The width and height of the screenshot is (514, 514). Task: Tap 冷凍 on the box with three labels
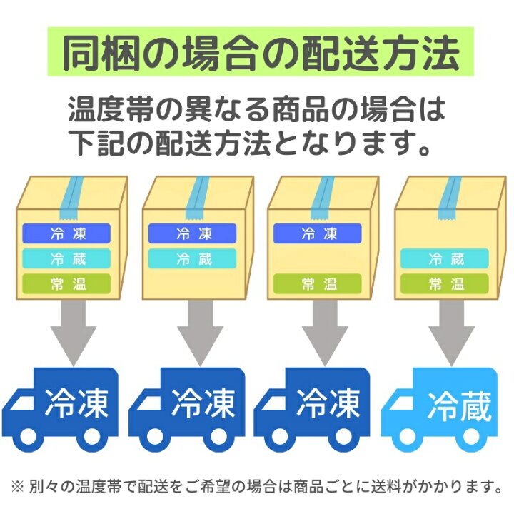(x=66, y=233)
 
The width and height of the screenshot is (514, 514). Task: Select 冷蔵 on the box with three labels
(x=66, y=258)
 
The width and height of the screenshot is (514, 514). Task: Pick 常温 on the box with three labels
(x=66, y=283)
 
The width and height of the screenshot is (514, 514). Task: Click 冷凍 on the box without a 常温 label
(x=192, y=233)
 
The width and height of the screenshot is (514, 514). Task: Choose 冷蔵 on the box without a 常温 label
(x=192, y=258)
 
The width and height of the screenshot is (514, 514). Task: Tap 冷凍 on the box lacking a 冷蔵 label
(x=318, y=233)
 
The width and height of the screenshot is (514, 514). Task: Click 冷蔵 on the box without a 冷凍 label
(x=444, y=258)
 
